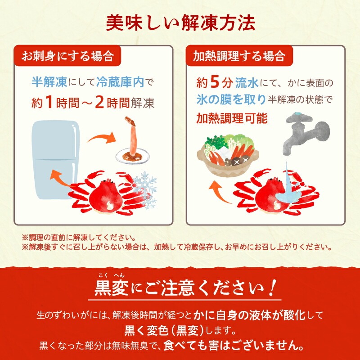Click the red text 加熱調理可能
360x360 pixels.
232,118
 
